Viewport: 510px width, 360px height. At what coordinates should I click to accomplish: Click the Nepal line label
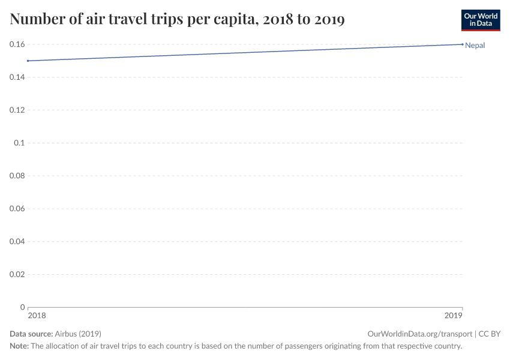coord(475,45)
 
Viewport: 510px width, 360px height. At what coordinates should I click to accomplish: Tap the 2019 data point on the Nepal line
coord(463,44)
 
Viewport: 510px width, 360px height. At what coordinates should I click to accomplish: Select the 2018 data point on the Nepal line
coord(28,61)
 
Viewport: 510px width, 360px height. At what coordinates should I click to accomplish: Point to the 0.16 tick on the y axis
coord(17,44)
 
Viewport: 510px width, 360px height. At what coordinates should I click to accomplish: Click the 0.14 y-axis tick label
coord(17,77)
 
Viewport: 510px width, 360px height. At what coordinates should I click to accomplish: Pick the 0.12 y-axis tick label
coord(17,110)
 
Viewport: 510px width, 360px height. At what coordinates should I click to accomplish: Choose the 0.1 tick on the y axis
coord(19,143)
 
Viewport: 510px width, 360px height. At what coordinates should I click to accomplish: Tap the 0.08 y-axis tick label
coord(17,176)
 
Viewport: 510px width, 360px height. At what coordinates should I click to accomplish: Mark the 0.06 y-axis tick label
coord(17,209)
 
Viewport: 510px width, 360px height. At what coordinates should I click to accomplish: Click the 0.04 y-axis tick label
coord(17,241)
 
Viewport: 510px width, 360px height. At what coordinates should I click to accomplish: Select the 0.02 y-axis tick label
coord(17,274)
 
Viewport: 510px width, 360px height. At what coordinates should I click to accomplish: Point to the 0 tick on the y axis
coord(22,307)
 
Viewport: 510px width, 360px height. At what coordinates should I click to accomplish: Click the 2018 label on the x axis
coord(36,316)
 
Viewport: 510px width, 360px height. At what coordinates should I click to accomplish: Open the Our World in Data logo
coord(480,20)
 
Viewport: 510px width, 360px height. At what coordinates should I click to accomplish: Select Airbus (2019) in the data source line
coord(77,334)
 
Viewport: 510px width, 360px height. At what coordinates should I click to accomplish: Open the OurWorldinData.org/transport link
coord(419,334)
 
